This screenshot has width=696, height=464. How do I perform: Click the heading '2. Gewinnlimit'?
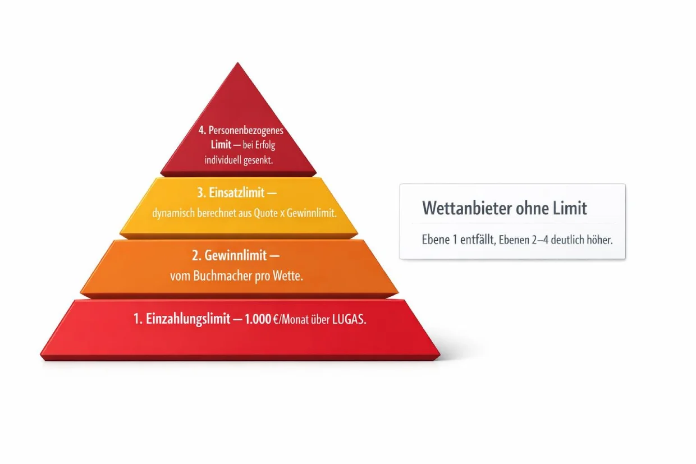coord(235,256)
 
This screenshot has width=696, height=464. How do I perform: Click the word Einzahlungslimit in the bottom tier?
coord(187,319)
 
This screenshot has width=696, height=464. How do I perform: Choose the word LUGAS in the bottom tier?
coord(349,319)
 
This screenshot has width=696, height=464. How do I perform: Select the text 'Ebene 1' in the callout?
coord(441,240)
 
